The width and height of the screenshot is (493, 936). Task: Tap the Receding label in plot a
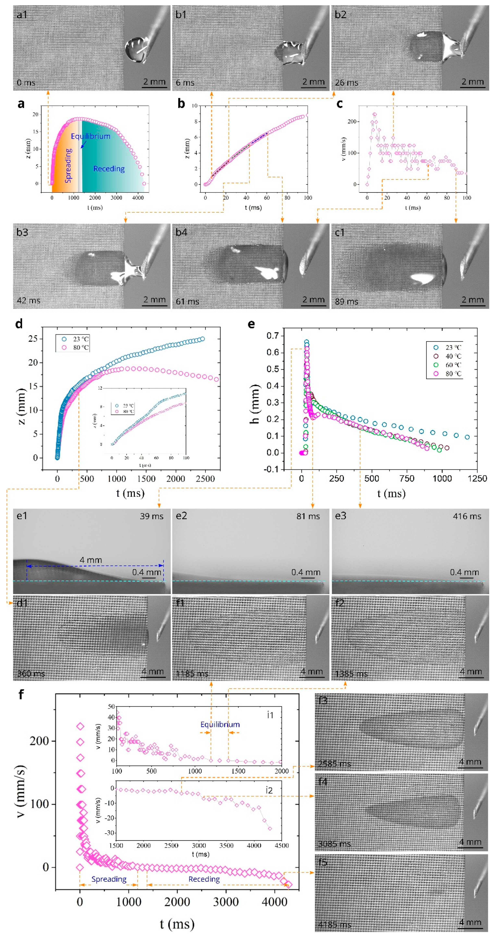pos(109,169)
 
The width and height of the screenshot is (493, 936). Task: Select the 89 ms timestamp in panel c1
pos(346,301)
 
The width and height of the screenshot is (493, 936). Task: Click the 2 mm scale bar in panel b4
pos(313,300)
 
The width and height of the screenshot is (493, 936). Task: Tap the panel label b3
pos(22,232)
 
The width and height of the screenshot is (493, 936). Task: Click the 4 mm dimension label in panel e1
pos(91,560)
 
